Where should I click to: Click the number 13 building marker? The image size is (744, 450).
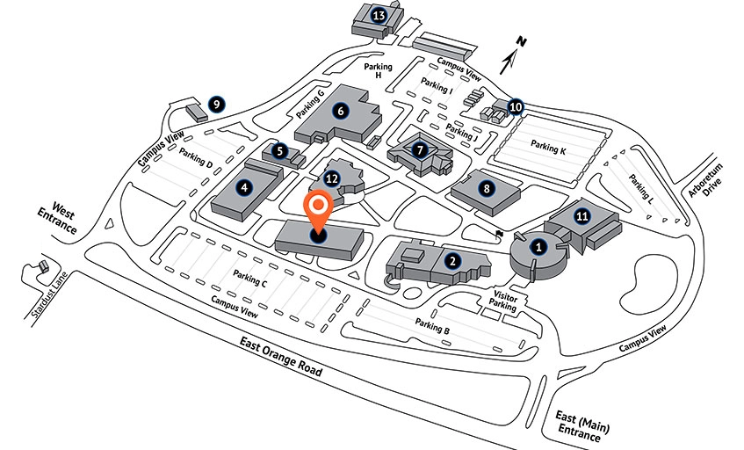379,15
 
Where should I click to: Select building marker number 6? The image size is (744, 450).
341,111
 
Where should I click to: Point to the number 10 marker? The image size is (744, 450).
516,106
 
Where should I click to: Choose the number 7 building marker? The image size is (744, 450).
421,149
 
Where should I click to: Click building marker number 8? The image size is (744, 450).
485,186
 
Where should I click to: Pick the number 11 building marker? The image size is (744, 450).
581,214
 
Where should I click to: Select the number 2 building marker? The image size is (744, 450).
451,260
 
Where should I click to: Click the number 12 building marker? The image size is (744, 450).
331,178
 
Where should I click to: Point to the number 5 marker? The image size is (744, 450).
280,150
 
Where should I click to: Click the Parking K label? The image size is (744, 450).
549,149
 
